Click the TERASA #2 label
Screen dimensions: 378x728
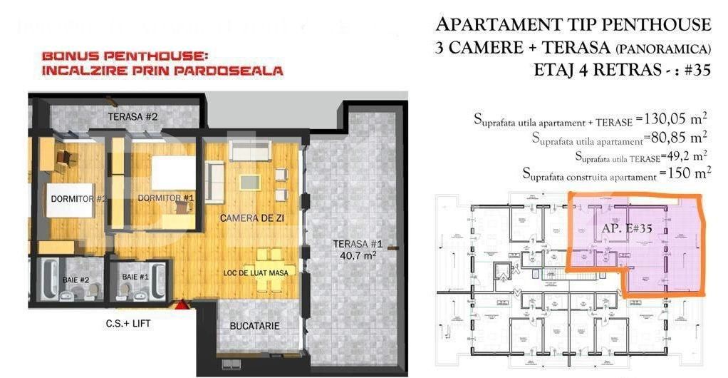click(132, 116)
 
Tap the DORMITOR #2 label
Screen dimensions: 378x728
click(78, 198)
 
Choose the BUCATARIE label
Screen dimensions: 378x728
click(254, 325)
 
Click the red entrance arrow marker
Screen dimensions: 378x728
click(182, 305)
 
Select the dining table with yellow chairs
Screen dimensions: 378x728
click(269, 267)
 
